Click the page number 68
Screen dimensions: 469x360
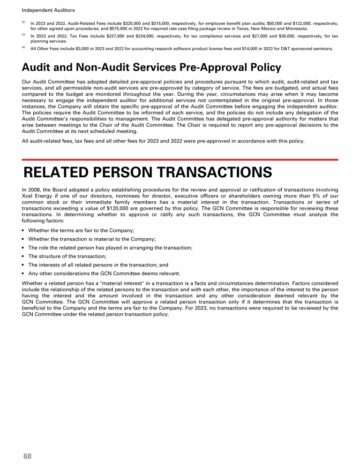click(x=28, y=456)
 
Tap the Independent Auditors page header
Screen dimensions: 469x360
click(x=42, y=10)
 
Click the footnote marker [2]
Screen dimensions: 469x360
click(x=23, y=22)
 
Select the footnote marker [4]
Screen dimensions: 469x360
click(x=23, y=47)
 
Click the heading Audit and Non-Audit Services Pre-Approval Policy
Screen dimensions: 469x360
click(x=151, y=68)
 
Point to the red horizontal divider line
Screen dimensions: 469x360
click(x=180, y=159)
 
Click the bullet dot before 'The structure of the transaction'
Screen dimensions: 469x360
click(x=23, y=256)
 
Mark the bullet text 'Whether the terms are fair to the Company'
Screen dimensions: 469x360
click(x=81, y=230)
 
